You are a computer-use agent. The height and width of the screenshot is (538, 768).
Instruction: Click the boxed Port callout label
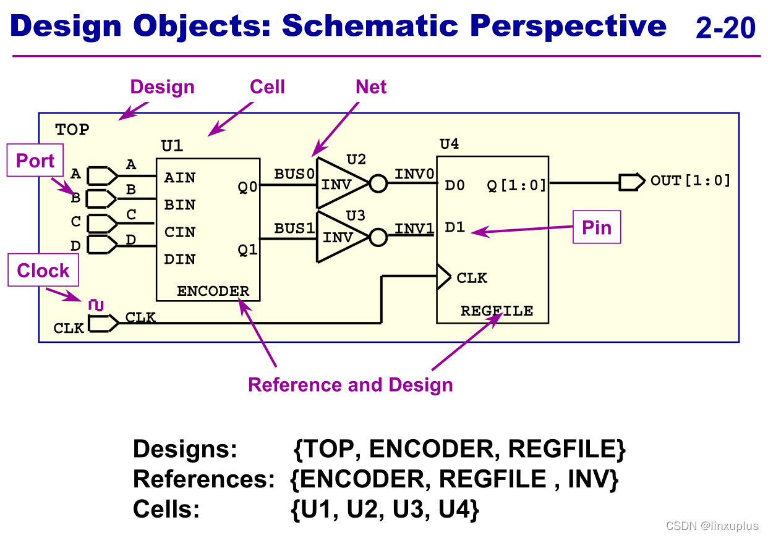point(35,160)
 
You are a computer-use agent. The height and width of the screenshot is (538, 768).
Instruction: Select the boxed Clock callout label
point(43,270)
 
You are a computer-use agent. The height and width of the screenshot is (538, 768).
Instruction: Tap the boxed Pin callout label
point(597,227)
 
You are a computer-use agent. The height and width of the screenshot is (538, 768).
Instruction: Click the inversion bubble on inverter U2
point(378,183)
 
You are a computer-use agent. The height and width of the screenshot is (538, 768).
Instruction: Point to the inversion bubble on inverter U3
point(378,237)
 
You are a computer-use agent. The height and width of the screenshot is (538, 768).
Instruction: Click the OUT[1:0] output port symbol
point(632,182)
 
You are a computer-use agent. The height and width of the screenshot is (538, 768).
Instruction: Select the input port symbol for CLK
point(103,323)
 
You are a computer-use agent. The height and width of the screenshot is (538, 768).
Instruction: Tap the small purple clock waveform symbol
point(96,305)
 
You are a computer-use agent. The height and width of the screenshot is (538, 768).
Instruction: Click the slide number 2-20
point(725,28)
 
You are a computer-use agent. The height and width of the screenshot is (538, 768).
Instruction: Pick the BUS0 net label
point(294,174)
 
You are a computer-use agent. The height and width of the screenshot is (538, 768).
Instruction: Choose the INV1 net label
point(414,229)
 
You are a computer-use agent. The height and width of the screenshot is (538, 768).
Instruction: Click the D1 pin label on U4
point(454,227)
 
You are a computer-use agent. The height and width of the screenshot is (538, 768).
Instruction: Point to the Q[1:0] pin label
point(516,185)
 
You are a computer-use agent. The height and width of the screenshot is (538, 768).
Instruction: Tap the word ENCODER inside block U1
point(213,291)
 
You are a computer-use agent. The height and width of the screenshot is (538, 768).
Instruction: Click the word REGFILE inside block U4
point(497,311)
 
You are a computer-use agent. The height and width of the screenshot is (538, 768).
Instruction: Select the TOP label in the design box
point(72,130)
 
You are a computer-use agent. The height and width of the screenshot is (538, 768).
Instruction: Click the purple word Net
point(371,86)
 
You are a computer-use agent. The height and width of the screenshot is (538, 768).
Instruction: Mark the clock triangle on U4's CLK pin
point(444,277)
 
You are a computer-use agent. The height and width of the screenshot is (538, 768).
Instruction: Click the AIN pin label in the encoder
point(180,178)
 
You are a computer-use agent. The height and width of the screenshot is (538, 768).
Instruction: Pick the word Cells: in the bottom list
point(166,509)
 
